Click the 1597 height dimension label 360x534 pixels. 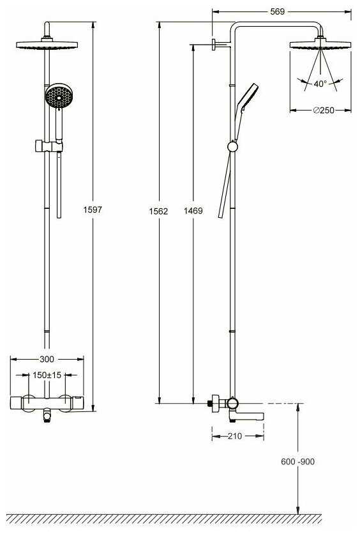93,210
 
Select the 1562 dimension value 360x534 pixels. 158,211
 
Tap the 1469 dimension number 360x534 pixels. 193,211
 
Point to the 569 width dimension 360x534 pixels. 277,11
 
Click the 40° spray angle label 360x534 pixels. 320,84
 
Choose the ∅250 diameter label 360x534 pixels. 324,110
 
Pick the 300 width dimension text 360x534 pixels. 47,359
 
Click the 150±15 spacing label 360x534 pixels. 47,375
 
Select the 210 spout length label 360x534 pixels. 235,436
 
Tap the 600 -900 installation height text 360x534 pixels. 297,461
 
